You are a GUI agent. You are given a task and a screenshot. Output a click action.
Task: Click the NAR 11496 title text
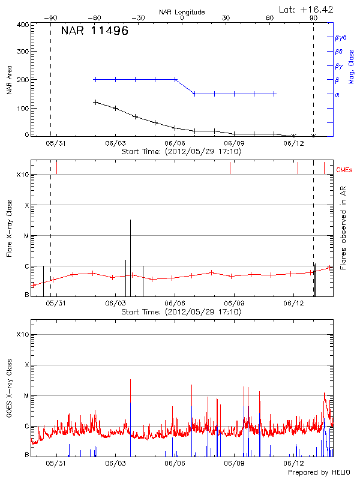95,31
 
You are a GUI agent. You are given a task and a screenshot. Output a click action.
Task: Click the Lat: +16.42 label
307,9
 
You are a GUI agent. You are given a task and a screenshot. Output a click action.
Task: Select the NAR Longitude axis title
182,12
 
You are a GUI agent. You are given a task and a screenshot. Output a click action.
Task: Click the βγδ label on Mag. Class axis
340,37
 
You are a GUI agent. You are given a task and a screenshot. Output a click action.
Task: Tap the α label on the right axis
337,94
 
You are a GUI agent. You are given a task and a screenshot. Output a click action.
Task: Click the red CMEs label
346,170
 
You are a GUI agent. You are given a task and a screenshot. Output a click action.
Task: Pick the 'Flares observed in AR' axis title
344,227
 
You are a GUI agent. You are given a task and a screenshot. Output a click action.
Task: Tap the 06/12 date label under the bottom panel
293,463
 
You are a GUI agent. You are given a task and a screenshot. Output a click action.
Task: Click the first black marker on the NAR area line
95,102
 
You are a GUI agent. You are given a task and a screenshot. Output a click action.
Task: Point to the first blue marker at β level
95,79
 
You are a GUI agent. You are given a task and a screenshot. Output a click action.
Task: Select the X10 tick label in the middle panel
23,175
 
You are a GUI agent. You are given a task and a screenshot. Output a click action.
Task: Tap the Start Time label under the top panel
182,152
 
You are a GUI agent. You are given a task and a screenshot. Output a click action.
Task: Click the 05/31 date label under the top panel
56,143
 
